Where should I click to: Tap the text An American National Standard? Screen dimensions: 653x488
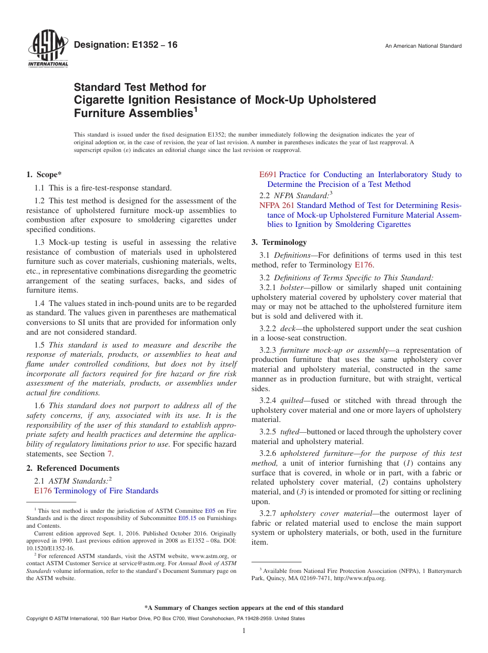coord(423,46)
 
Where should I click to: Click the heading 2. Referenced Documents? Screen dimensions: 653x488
coord(73,468)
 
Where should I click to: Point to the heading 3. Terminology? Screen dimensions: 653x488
coord(279,242)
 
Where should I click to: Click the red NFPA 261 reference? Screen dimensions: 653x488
coord(277,205)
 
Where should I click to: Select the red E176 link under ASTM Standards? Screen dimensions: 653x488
coord(43,491)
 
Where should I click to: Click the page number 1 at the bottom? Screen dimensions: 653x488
coord(244,631)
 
